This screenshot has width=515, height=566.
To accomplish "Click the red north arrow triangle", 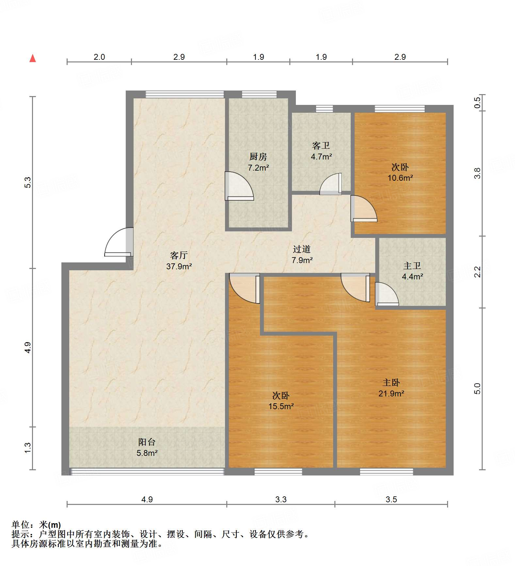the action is pos(33,58).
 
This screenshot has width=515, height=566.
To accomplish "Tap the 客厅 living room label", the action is pos(179,255).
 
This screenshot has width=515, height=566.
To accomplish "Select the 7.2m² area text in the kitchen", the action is pos(258,168).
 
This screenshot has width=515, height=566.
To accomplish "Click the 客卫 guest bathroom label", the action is pos(321,145).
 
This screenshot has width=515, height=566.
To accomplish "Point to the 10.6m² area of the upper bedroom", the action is pos(400,178).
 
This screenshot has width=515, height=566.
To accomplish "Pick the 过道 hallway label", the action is pos(301,249).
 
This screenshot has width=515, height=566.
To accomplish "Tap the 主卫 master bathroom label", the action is pos(412,266).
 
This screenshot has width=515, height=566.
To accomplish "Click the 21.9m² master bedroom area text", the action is pos(391,394).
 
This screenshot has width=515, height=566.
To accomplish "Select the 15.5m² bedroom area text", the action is pos(281,407).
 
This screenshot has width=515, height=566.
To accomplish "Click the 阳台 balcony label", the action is pos(147,442).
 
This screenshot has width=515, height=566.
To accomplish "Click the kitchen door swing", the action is pos(239,186).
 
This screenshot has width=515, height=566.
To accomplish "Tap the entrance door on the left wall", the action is pos(119,242).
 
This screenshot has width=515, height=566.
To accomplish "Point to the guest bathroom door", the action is pos(330,184).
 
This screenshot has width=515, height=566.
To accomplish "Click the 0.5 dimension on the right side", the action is pos(477,103).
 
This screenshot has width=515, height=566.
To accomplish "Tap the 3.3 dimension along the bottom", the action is pos(281,499).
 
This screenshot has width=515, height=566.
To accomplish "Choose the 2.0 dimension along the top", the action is pos(99,57).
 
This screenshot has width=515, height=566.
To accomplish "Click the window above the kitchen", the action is pos(259,94).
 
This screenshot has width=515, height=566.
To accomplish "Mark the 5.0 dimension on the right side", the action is pos(477,389).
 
